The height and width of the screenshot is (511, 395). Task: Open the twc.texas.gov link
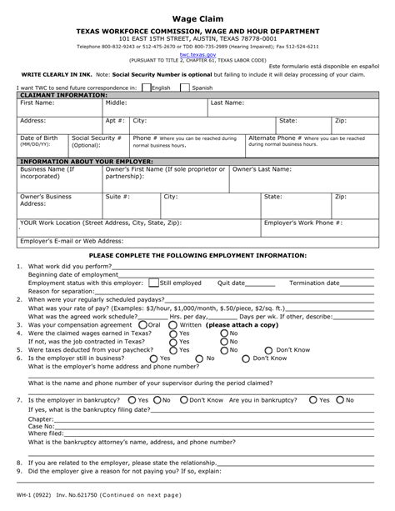pyautogui.click(x=197, y=54)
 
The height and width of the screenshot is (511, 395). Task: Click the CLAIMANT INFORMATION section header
pyautogui.click(x=63, y=95)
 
